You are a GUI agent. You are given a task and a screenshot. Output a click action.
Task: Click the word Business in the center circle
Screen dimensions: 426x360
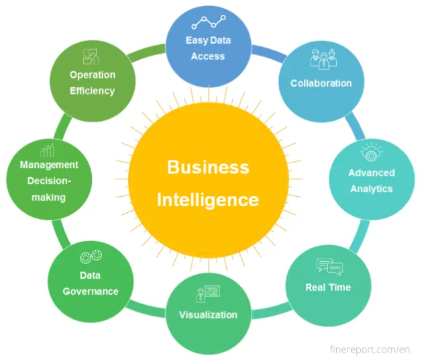[x=208, y=167]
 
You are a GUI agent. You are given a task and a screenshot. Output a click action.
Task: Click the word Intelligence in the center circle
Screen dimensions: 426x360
[x=208, y=200]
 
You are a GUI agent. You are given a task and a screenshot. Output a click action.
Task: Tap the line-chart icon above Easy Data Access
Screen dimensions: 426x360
[x=209, y=22]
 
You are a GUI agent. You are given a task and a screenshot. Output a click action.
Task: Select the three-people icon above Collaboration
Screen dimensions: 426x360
[x=323, y=59]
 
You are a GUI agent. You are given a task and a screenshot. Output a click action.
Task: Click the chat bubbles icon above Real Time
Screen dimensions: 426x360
[x=330, y=265]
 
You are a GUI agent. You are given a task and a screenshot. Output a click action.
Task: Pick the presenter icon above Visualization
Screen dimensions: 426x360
[x=208, y=294]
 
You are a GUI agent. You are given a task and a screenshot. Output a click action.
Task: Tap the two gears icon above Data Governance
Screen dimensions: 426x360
[x=91, y=257]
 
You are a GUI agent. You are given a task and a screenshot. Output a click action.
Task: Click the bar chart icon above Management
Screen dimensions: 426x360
[x=47, y=150]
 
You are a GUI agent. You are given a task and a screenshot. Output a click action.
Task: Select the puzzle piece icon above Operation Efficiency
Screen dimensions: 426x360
[x=91, y=57]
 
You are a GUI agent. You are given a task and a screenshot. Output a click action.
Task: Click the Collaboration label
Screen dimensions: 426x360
[x=321, y=83]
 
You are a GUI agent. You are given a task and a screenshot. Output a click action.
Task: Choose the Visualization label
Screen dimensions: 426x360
[x=208, y=315]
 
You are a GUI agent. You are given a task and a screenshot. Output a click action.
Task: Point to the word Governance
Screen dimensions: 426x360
[x=91, y=291]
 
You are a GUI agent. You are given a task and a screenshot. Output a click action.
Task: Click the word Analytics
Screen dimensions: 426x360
[x=372, y=189]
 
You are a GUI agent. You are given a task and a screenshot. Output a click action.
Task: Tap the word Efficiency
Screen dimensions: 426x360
[x=92, y=91]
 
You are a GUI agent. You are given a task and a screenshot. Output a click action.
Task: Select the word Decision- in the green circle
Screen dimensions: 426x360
[x=49, y=181]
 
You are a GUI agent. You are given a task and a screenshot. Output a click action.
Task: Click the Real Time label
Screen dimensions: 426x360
[x=328, y=287]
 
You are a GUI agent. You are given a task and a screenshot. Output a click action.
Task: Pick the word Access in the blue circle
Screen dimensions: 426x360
[x=208, y=56]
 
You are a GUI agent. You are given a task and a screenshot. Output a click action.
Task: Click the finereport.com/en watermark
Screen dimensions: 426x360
[x=370, y=349]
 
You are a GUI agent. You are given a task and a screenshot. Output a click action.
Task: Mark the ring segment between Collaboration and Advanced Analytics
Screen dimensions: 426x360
[x=356, y=126]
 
